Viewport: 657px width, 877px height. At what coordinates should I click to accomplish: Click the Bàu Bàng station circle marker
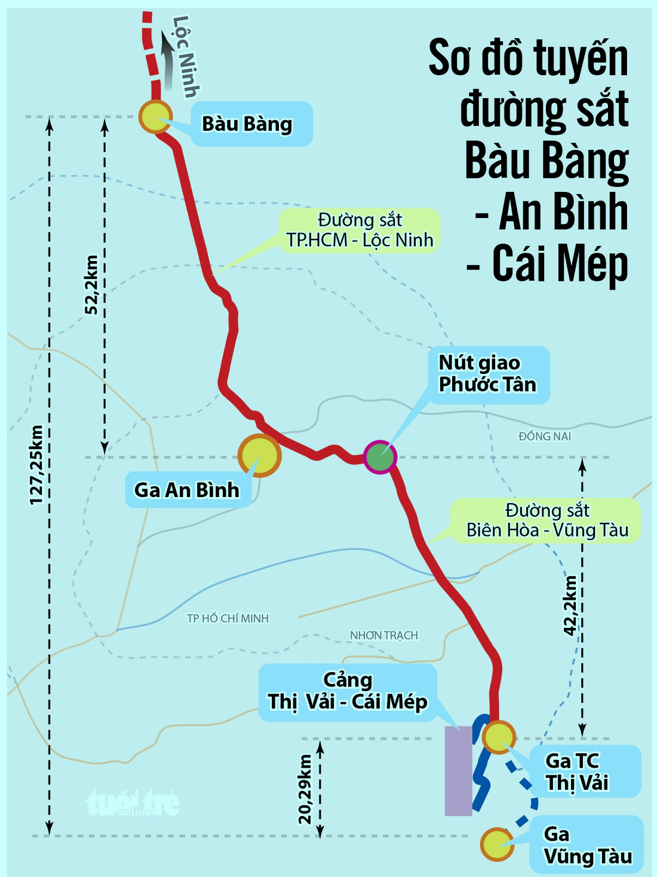coord(155,116)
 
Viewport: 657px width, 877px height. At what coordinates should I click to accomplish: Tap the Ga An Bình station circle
coord(259,455)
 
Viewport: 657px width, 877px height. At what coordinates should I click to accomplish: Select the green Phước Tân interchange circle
coord(380,457)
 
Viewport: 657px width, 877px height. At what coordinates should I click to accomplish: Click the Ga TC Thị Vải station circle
coord(499,737)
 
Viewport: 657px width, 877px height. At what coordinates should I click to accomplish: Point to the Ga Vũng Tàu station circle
coord(497,844)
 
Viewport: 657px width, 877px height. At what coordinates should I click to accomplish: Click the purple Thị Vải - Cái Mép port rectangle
coord(458,771)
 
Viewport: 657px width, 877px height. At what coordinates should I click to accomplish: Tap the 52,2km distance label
coord(91,284)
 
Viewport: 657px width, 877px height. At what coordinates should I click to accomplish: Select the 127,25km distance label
coord(37,465)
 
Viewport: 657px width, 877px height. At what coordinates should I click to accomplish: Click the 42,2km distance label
coord(571,605)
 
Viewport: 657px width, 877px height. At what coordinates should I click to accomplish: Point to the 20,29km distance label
coord(305,789)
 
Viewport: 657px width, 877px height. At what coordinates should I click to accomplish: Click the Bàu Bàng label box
coord(251,124)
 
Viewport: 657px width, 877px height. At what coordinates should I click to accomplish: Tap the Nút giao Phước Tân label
coord(487,374)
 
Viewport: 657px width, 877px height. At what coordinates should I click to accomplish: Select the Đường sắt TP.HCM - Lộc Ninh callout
coord(360,230)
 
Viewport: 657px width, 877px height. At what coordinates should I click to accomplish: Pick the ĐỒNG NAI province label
coord(544,436)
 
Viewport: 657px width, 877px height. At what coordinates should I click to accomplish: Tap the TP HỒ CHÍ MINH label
coord(228,618)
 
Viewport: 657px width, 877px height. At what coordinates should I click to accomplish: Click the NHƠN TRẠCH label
coord(383,635)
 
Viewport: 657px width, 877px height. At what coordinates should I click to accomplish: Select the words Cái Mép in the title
coord(560,265)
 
